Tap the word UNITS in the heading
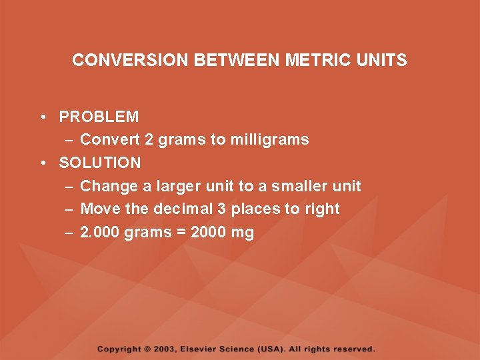(382, 60)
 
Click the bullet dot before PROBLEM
(42, 117)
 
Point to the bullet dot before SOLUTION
(42, 163)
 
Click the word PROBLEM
(99, 117)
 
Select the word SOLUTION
(100, 163)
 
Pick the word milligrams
(269, 140)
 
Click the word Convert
(110, 140)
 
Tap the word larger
(157, 186)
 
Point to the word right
(322, 209)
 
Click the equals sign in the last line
(180, 233)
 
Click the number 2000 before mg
(209, 233)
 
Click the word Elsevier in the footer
(201, 349)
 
